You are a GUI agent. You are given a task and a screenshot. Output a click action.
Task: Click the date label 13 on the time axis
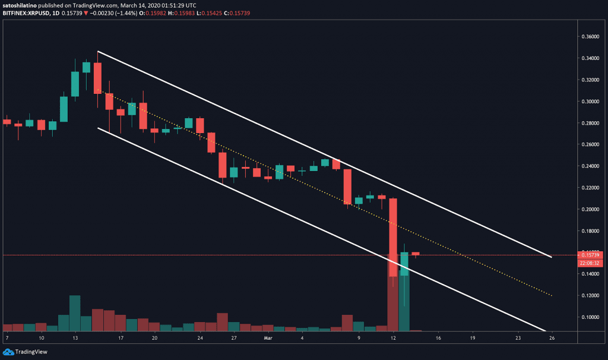(x=75, y=337)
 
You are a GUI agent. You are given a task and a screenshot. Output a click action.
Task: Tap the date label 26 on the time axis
(x=552, y=337)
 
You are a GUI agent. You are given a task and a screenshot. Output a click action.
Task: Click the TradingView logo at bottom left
(x=24, y=350)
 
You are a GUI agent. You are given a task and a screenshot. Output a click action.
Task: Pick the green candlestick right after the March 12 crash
(x=404, y=264)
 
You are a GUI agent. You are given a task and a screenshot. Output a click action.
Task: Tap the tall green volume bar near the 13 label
(x=75, y=313)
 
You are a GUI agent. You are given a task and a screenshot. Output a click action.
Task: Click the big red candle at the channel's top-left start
(x=97, y=78)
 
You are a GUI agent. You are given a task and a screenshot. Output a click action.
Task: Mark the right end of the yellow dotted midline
(x=552, y=295)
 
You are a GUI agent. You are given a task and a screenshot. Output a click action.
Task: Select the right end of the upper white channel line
(x=552, y=257)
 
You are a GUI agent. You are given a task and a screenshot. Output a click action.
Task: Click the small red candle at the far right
(x=416, y=253)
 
